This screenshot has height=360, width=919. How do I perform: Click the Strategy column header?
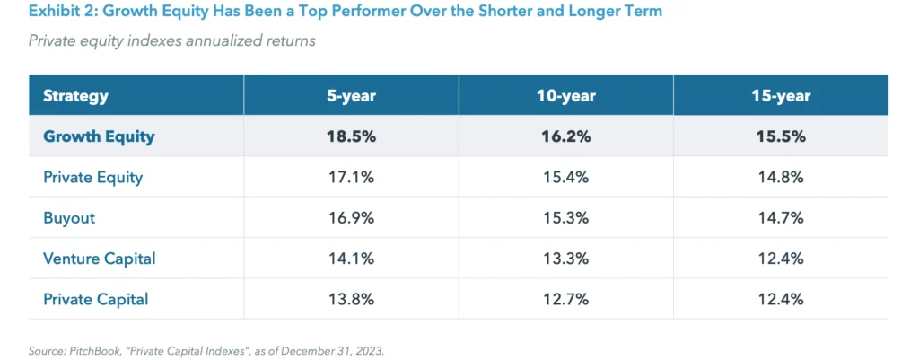(75, 96)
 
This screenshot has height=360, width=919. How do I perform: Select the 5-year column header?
(351, 96)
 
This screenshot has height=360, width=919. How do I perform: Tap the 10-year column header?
(565, 96)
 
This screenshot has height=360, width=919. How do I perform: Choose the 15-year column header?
(780, 96)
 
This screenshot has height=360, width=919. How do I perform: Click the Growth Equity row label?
(99, 136)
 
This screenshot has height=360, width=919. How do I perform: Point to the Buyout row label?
(68, 218)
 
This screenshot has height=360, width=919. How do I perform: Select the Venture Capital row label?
(99, 259)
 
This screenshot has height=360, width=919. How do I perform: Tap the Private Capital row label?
(95, 299)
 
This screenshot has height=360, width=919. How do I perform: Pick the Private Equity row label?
(92, 178)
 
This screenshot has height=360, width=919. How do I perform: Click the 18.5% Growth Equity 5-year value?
(351, 136)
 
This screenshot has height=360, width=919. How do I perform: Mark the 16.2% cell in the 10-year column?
(565, 136)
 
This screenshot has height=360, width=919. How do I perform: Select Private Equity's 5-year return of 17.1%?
(351, 178)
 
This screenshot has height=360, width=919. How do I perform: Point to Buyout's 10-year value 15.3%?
(565, 218)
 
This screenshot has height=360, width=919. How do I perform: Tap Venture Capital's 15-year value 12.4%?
(780, 259)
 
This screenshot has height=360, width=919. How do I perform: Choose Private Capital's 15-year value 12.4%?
(780, 299)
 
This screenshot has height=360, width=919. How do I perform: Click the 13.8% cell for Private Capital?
(351, 299)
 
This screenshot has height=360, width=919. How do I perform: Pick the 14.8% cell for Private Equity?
(780, 178)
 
